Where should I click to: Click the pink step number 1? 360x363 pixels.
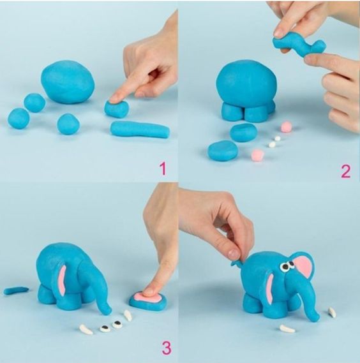click(163, 168)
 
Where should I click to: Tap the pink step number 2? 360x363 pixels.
click(346, 171)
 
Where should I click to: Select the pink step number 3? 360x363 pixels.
click(167, 348)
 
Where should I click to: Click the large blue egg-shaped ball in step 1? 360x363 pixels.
click(68, 82)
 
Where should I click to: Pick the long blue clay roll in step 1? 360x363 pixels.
click(140, 129)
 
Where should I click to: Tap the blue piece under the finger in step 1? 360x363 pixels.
click(116, 108)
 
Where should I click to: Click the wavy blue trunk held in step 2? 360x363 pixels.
click(298, 47)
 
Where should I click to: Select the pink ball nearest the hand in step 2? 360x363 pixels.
click(286, 126)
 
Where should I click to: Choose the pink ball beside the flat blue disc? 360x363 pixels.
click(257, 154)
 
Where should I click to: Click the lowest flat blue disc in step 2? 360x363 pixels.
click(223, 151)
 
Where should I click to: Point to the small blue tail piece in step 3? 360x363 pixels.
click(16, 290)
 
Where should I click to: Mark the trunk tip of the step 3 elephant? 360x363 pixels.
click(109, 311)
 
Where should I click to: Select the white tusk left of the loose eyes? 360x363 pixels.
click(86, 329)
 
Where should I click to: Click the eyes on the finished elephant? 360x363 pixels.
click(287, 267)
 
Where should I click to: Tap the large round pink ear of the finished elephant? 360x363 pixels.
click(303, 266)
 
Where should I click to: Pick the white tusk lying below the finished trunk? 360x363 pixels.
click(287, 329)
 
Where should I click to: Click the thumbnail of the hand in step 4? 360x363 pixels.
click(233, 253)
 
